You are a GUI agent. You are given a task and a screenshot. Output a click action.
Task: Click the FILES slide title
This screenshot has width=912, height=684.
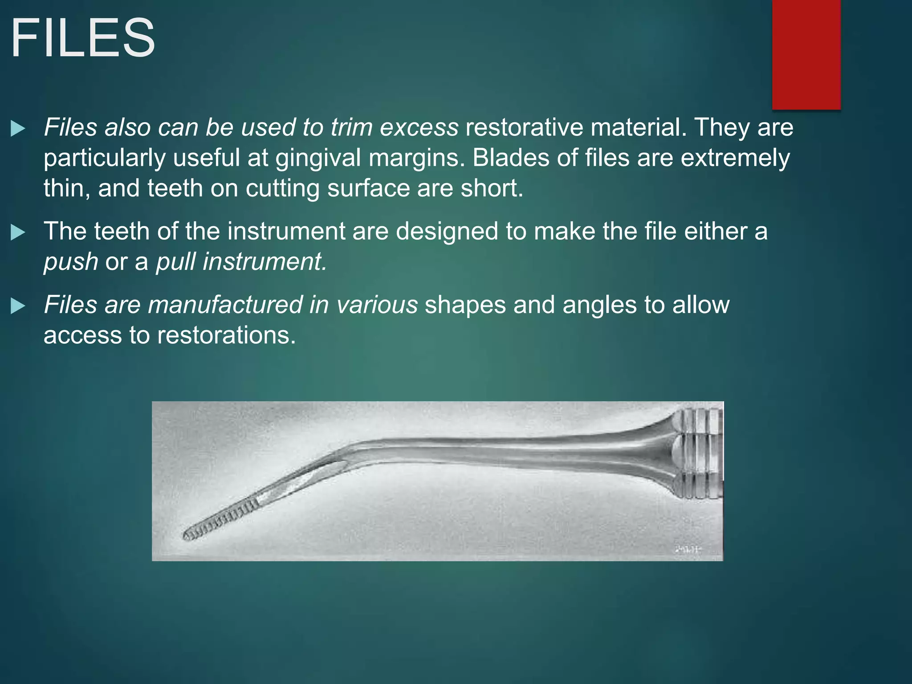[83, 38]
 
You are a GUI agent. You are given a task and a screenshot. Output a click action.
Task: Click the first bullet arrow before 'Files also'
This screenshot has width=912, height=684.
[18, 129]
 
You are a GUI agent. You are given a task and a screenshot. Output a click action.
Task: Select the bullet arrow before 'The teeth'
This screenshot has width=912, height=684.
[18, 232]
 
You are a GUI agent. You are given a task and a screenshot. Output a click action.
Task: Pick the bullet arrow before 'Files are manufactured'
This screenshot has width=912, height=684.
[18, 306]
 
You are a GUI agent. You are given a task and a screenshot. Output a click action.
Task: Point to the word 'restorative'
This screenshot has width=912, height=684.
[524, 128]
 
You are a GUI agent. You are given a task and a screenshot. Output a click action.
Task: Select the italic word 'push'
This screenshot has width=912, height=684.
[71, 262]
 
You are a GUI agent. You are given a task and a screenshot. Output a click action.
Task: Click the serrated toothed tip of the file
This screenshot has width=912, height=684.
[218, 519]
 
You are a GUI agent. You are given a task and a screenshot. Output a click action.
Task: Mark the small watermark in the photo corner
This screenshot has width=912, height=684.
[688, 550]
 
